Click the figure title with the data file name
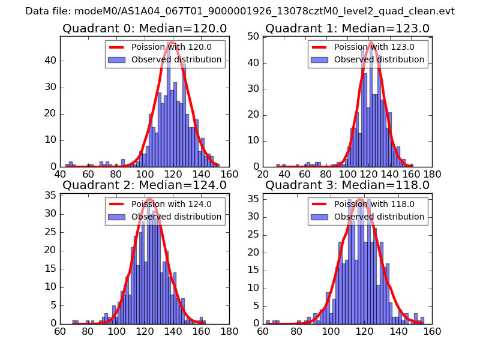(x=240, y=11)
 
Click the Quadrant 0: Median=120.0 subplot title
(x=145, y=29)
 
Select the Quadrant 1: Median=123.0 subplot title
(x=347, y=29)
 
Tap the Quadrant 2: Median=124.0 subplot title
(x=145, y=185)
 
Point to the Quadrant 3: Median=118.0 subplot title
(x=347, y=185)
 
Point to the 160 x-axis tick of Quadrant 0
(x=229, y=174)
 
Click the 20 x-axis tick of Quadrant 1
(x=263, y=174)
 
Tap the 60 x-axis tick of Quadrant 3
(x=263, y=331)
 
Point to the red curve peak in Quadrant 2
(x=149, y=199)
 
